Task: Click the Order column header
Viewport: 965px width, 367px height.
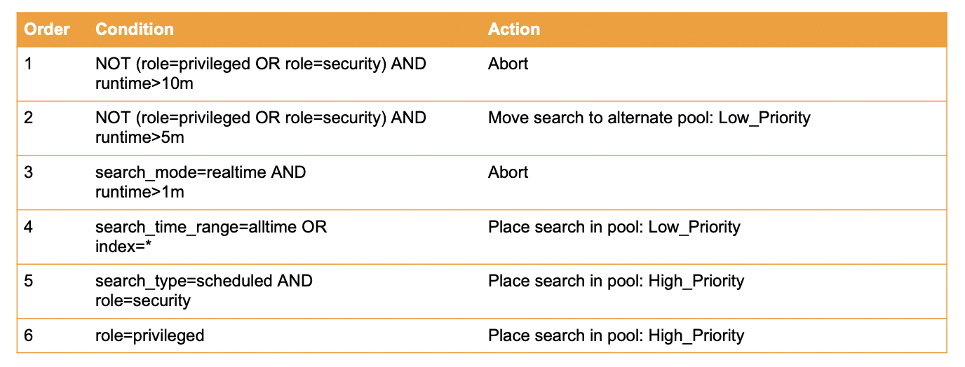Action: (47, 29)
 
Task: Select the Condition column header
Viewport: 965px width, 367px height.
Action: (134, 29)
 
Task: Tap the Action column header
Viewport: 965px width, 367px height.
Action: (514, 29)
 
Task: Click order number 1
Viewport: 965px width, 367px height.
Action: (29, 64)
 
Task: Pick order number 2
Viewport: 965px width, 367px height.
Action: (29, 118)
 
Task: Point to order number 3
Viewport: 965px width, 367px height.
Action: (29, 172)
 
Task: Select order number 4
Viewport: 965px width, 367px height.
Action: (29, 227)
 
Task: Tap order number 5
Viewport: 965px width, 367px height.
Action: (29, 281)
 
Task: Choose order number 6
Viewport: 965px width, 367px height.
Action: (29, 335)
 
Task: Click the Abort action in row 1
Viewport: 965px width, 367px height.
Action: (508, 64)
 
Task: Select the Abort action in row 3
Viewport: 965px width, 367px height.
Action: (508, 172)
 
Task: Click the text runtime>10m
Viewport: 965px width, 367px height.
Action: (144, 83)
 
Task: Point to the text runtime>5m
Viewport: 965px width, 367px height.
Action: (140, 137)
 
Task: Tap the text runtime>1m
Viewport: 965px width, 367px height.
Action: (140, 192)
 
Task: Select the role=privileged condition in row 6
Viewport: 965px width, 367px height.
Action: (149, 335)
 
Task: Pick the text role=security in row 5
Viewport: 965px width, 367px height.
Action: (142, 300)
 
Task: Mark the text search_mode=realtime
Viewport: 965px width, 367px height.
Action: (181, 172)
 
